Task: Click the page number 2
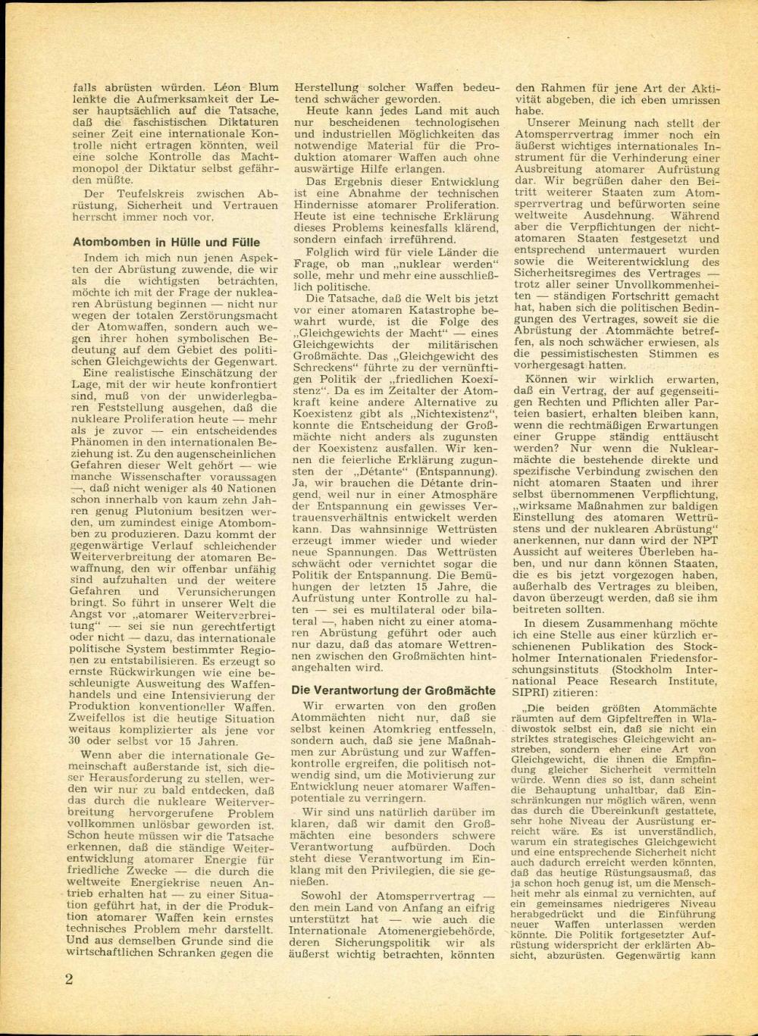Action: [68, 978]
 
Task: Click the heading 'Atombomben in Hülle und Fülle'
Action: [166, 243]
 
